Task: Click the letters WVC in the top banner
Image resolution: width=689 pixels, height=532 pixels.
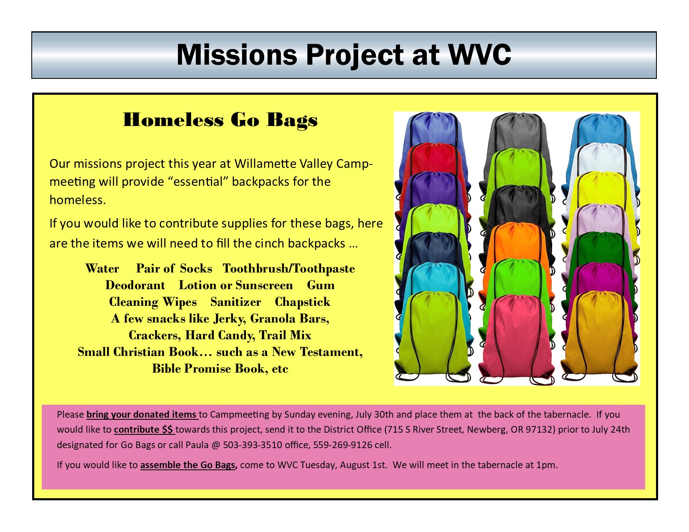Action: tap(480, 55)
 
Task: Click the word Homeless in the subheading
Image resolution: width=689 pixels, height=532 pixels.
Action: tap(173, 120)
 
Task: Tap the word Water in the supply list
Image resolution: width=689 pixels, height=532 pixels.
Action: tap(102, 268)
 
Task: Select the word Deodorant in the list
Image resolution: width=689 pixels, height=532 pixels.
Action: tap(135, 285)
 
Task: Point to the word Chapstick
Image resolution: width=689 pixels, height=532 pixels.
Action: tap(302, 302)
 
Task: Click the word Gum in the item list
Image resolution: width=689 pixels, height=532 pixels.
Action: tap(321, 285)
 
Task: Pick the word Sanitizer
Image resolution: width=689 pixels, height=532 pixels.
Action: tap(236, 302)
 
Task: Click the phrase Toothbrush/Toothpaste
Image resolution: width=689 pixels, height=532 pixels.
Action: tap(289, 268)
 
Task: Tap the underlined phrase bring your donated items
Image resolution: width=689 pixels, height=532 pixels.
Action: tap(142, 414)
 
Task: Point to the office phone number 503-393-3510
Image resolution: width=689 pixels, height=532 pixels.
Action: tap(252, 445)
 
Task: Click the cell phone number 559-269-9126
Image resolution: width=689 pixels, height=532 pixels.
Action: tap(343, 445)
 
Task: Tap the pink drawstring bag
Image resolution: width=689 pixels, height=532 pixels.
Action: tap(517, 339)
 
